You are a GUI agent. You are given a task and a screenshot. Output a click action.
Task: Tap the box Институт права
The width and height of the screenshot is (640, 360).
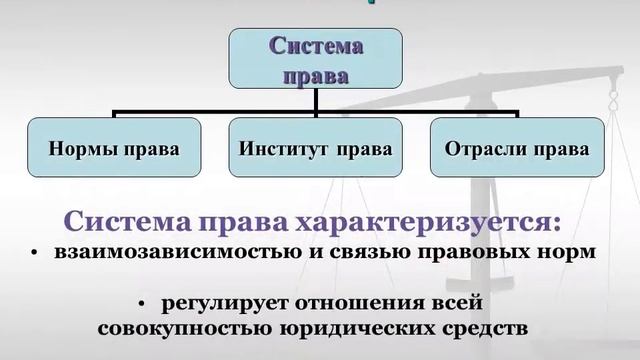[x=317, y=150]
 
